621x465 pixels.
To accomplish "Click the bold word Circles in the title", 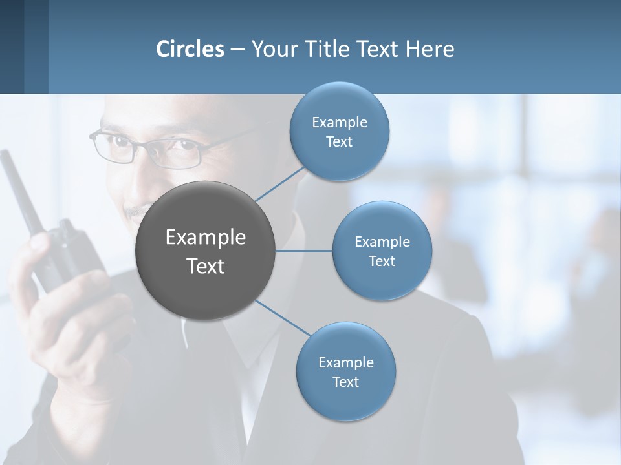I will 190,49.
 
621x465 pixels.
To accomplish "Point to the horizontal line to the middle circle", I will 304,251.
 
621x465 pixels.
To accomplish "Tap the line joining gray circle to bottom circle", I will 283,318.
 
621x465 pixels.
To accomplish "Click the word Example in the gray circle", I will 206,238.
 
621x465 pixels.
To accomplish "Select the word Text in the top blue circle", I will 339,142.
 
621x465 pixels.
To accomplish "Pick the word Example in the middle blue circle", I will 382,242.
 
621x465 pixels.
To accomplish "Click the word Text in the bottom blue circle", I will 345,382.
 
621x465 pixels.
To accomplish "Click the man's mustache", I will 137,212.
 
